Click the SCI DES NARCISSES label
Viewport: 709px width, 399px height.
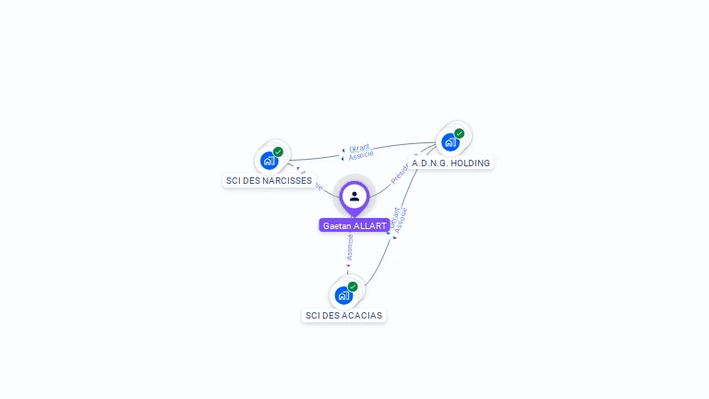[x=269, y=181]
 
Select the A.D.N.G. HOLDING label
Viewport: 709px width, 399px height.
[x=451, y=163]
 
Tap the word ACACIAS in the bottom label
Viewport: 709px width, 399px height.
[x=362, y=316]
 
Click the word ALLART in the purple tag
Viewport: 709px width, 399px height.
[x=370, y=225]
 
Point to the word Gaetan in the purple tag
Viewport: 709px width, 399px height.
[x=338, y=225]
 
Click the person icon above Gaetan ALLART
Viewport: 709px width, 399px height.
[x=354, y=196]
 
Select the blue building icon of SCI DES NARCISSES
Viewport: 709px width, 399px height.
[x=269, y=160]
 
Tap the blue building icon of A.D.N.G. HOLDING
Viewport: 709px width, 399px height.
[x=450, y=142]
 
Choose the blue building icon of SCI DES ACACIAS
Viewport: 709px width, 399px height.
[x=343, y=296]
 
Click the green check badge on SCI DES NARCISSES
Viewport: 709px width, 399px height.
[x=278, y=151]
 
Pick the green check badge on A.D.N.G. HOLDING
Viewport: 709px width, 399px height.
[x=459, y=133]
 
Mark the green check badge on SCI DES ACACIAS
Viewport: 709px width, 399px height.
[x=353, y=286]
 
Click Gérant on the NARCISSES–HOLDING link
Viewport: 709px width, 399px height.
[x=359, y=148]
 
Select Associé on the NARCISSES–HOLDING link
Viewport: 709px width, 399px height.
[x=361, y=155]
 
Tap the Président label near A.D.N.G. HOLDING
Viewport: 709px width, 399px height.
[x=400, y=173]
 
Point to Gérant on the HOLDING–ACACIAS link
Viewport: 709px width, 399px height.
[x=393, y=218]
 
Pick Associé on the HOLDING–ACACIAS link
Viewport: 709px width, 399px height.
[x=401, y=220]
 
